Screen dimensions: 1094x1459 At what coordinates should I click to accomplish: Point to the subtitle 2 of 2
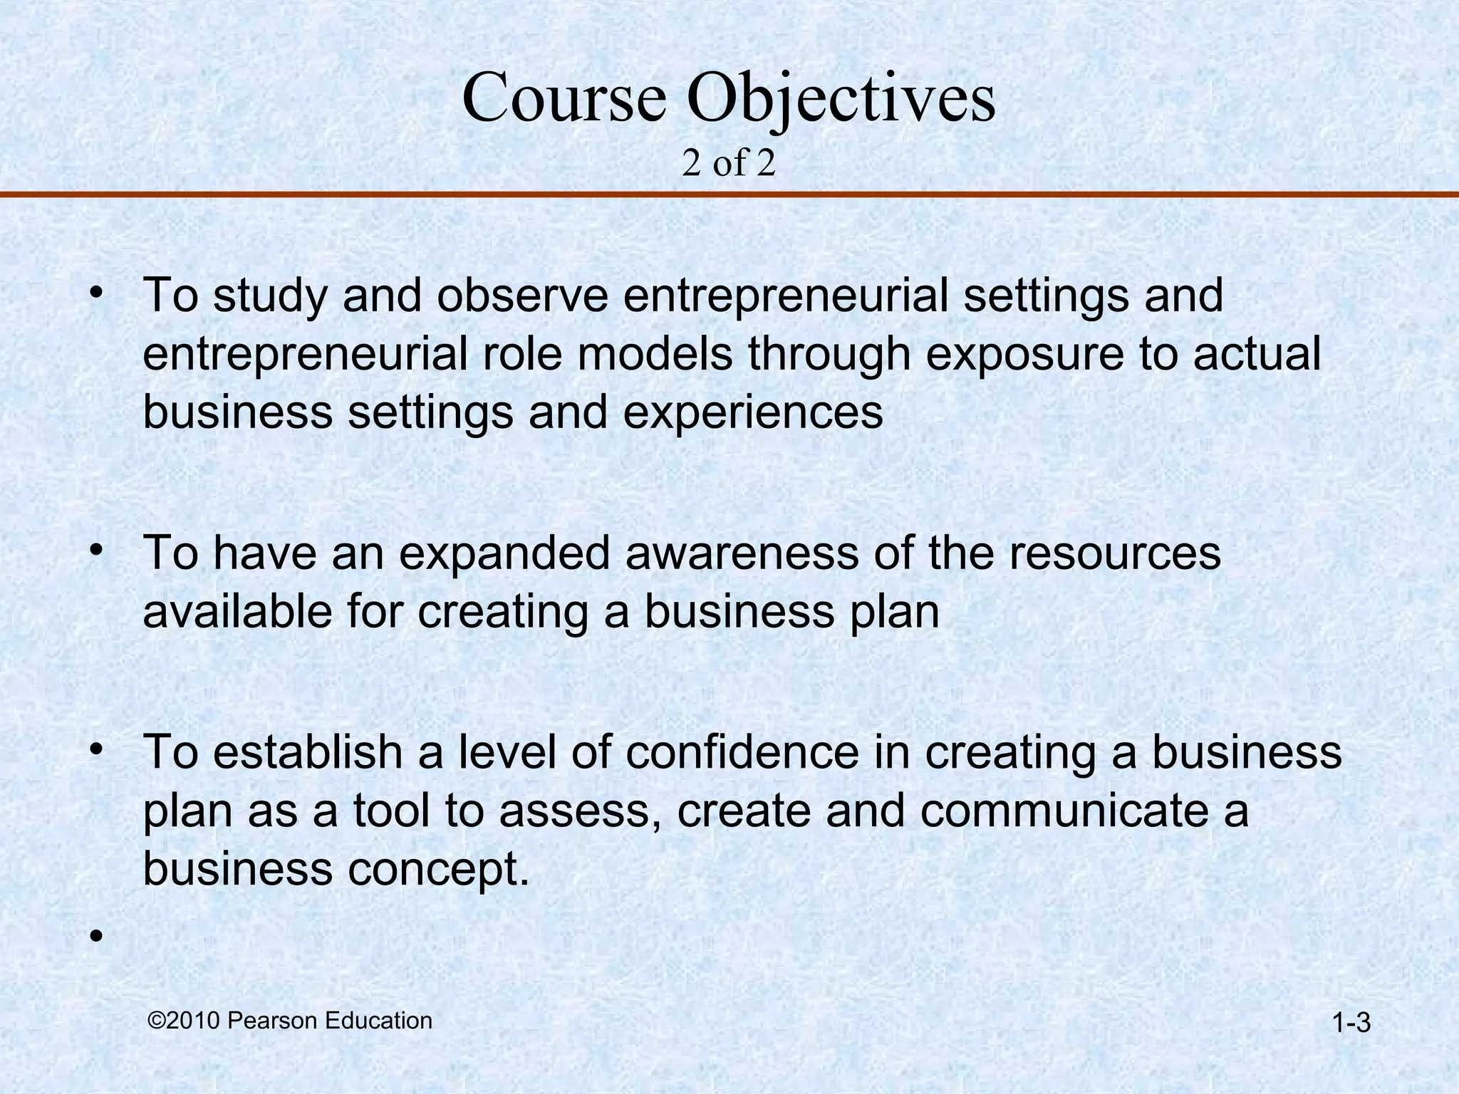click(728, 164)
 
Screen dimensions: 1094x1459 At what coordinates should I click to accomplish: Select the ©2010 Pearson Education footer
click(290, 1021)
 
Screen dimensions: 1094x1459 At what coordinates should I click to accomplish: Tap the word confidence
click(742, 752)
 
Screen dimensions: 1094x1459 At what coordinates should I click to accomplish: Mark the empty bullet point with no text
click(97, 934)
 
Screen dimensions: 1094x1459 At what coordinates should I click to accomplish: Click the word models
click(655, 355)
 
